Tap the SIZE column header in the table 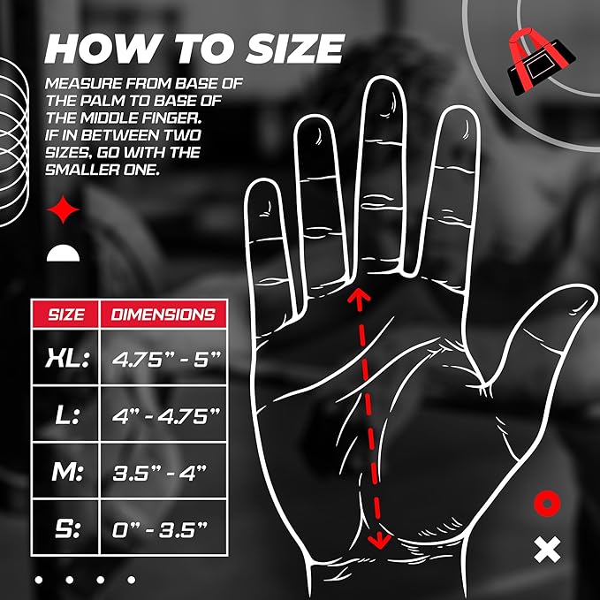[x=66, y=314]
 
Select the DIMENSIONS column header [x=163, y=314]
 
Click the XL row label [x=66, y=358]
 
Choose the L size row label [x=66, y=415]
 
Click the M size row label [x=66, y=472]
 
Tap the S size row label [x=66, y=528]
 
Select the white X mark [x=548, y=551]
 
